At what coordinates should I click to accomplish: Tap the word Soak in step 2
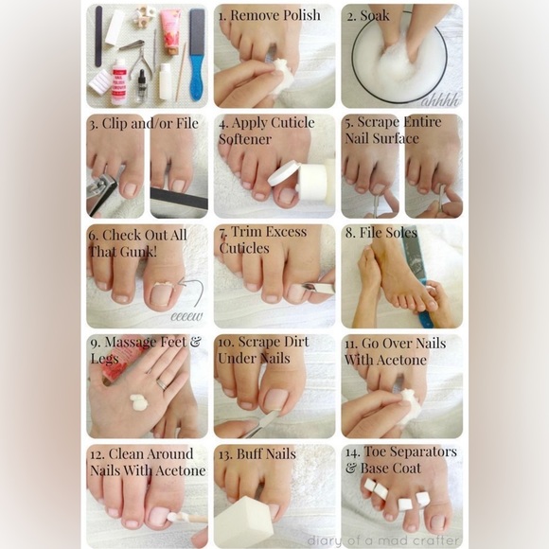tap(374, 16)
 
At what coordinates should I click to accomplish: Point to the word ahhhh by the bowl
tap(441, 98)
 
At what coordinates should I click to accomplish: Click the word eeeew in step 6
tap(186, 316)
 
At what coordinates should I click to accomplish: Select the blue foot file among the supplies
tap(196, 54)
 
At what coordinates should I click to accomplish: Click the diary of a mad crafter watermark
tap(383, 540)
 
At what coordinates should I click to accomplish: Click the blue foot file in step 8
tap(416, 274)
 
